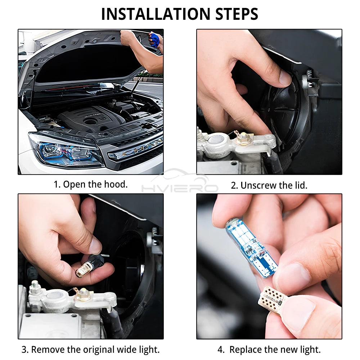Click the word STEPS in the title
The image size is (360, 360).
coord(237,14)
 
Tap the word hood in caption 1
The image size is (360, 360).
coord(116,184)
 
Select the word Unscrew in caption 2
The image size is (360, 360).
coord(260,185)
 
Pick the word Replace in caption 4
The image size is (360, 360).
coord(246,350)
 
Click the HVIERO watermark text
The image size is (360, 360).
coord(180,188)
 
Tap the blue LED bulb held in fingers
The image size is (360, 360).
coord(251,248)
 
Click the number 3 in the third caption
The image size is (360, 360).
coord(25,350)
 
